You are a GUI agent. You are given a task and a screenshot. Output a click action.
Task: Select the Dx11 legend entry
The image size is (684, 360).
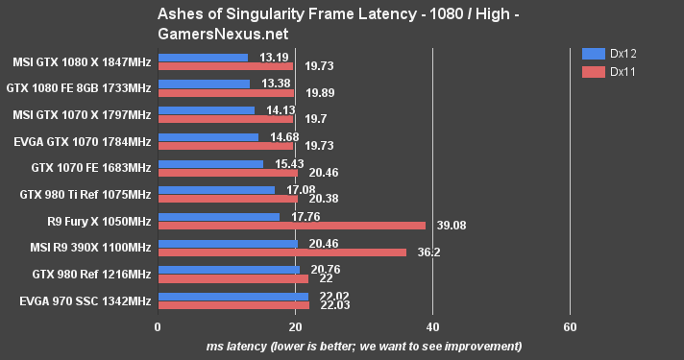(x=615, y=70)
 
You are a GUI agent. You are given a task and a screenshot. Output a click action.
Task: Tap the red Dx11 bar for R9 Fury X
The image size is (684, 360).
(x=291, y=226)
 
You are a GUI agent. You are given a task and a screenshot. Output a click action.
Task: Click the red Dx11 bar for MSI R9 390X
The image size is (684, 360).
(x=281, y=252)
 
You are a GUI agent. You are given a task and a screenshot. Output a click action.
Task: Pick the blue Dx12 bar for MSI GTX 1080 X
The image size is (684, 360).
(x=203, y=57)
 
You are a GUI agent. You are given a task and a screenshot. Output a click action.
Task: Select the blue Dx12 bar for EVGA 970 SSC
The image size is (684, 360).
(x=233, y=297)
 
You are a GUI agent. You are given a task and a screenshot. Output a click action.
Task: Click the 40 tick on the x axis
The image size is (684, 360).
(x=432, y=326)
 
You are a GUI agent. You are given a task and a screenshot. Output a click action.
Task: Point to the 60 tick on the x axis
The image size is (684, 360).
(x=570, y=326)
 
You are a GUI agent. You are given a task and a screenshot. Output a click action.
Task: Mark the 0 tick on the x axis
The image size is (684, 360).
(x=158, y=326)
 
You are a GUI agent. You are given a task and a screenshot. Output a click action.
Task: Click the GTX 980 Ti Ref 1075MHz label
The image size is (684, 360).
(x=85, y=194)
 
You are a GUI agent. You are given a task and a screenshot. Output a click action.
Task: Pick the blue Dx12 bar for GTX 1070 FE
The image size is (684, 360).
(x=210, y=163)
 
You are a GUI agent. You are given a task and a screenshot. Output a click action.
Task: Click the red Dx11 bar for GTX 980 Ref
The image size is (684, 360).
(x=233, y=279)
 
